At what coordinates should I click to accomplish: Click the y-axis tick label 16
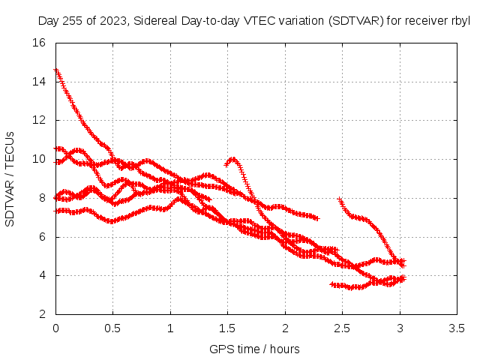point(39,43)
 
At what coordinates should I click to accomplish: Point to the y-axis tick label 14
point(39,82)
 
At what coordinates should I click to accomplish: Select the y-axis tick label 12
point(39,120)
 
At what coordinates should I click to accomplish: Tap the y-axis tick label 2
point(42,314)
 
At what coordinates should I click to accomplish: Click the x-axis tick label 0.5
point(112,328)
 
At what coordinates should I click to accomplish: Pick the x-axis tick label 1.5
point(227,328)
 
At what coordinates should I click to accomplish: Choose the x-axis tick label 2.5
point(342,328)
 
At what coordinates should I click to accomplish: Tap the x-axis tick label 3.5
point(457,328)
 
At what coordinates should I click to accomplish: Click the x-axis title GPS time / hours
point(254,349)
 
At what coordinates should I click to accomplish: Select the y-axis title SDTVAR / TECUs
point(10,179)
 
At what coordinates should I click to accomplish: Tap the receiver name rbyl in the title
point(460,21)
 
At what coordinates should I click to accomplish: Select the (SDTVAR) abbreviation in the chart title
point(356,21)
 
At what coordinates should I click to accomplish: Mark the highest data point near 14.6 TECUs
point(56,70)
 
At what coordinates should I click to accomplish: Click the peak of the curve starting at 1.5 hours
point(233,159)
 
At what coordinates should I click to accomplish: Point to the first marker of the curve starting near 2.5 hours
point(339,199)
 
